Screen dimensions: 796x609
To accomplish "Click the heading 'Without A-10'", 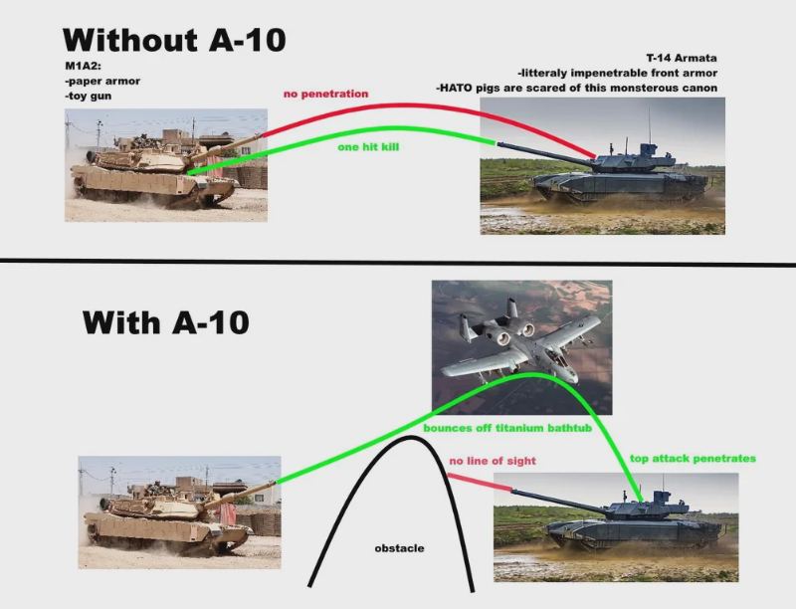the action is click(174, 40).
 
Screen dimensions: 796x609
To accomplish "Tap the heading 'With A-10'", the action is click(165, 322).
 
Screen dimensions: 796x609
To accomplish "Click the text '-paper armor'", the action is click(102, 81).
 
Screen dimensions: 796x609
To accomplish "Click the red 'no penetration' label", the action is click(326, 94).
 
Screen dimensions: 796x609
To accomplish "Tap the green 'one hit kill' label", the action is click(368, 146).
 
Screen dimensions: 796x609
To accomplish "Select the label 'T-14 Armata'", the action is click(681, 58).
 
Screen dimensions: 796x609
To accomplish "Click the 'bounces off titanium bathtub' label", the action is click(507, 428).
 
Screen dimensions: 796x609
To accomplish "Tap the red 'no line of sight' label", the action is click(493, 461).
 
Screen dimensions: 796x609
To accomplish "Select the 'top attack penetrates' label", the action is click(693, 459).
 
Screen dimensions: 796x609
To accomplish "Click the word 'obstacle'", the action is click(399, 548).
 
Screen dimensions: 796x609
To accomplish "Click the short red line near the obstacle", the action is click(480, 482).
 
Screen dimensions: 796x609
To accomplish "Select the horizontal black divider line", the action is click(398, 262).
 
